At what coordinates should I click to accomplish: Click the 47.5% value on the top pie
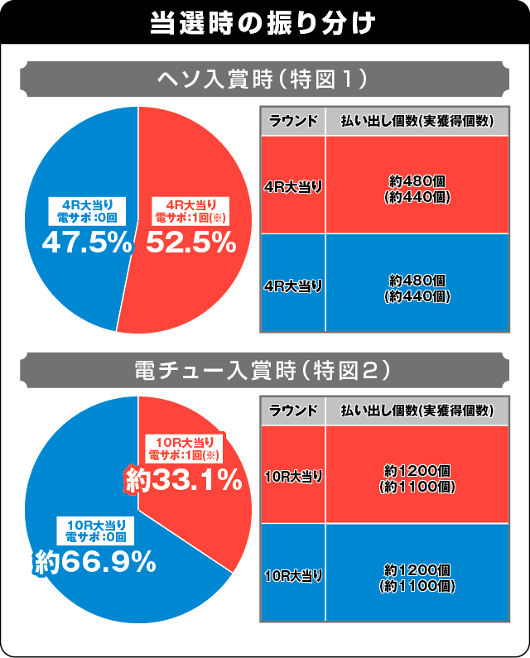(87, 243)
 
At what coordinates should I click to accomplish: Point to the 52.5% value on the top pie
(191, 243)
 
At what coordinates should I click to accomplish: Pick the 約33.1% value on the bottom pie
(183, 479)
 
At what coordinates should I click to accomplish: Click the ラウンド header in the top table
(292, 121)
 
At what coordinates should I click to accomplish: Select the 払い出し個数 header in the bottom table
(417, 411)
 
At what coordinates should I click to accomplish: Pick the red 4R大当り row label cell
(292, 185)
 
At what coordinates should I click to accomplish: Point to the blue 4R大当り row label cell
(292, 284)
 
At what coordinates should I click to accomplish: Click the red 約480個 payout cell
(417, 185)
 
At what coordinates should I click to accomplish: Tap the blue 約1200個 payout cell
(417, 573)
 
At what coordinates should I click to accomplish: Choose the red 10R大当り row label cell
(292, 474)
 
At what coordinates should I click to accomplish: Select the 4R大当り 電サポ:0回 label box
(87, 212)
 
